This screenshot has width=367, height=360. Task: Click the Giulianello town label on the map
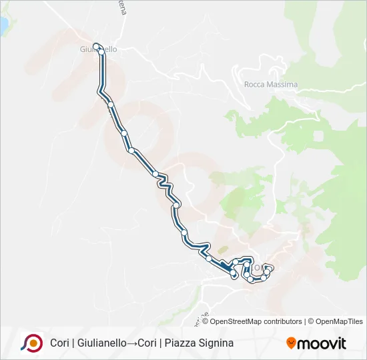tap(98, 50)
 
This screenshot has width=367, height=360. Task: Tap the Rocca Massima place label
tap(271, 85)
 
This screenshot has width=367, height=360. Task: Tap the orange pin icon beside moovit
tap(290, 343)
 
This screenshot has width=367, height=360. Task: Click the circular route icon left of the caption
tap(31, 343)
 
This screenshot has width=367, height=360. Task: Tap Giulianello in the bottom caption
tap(101, 343)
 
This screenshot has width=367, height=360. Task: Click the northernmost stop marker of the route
tap(97, 46)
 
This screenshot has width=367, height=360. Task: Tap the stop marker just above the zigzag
tap(155, 174)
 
